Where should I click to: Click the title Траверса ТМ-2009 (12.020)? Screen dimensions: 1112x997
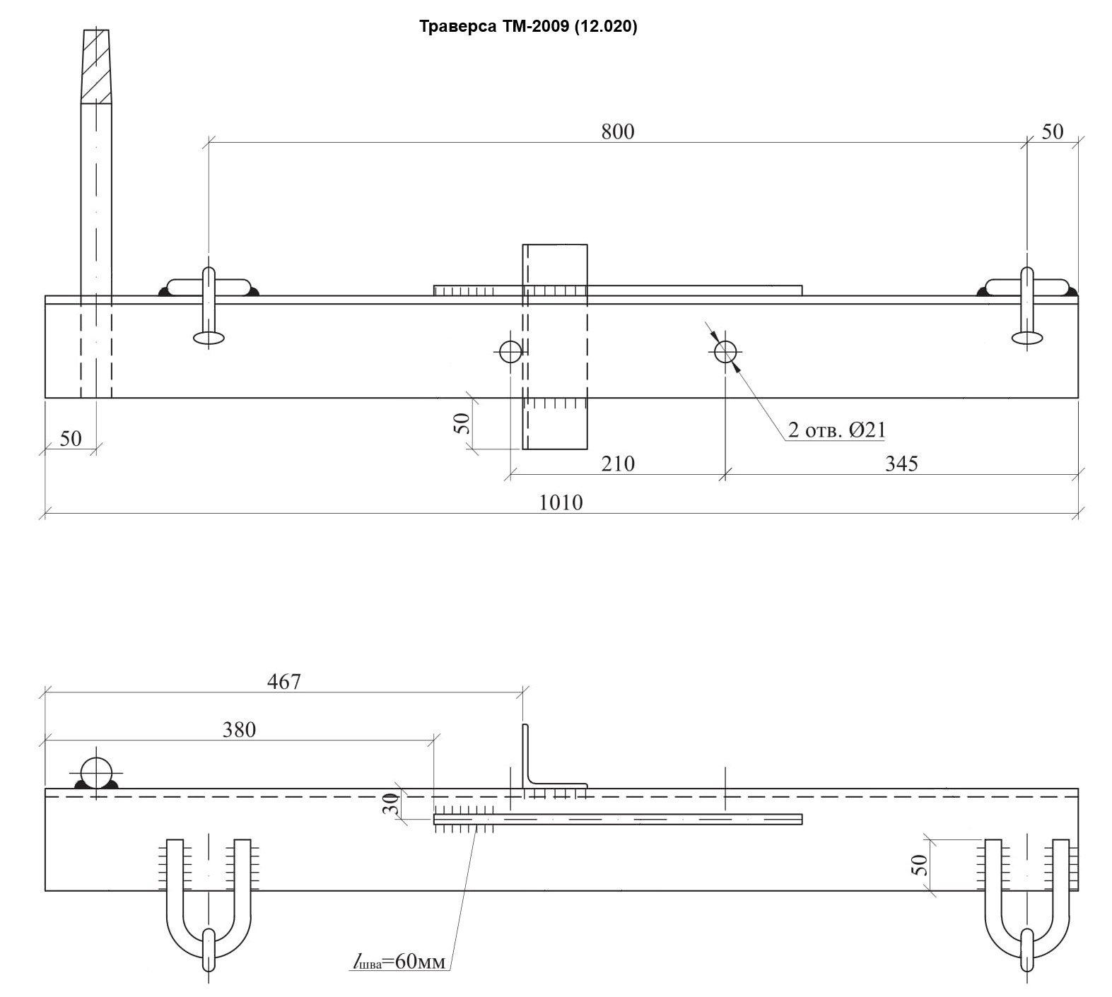pyautogui.click(x=528, y=27)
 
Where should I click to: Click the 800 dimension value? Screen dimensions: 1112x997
pyautogui.click(x=618, y=131)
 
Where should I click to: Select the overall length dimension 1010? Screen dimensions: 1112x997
pyautogui.click(x=561, y=502)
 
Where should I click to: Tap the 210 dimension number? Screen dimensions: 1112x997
pyautogui.click(x=618, y=464)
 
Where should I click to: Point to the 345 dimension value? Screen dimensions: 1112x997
pyautogui.click(x=901, y=464)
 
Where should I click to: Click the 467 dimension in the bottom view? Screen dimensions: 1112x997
pyautogui.click(x=284, y=682)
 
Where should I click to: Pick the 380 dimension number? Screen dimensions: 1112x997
pyautogui.click(x=239, y=730)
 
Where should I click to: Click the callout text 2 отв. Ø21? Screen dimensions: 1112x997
pyautogui.click(x=837, y=430)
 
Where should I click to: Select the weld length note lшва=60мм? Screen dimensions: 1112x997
pyautogui.click(x=401, y=962)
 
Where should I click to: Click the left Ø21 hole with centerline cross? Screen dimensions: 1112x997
pyautogui.click(x=510, y=351)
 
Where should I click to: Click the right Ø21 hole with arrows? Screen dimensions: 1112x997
pyautogui.click(x=725, y=351)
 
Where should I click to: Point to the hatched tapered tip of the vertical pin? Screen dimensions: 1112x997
pyautogui.click(x=96, y=66)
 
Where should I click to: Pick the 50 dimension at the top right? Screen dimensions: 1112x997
pyautogui.click(x=1053, y=131)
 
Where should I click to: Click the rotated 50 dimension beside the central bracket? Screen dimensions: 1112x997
pyautogui.click(x=461, y=423)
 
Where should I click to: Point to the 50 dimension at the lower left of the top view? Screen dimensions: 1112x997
pyautogui.click(x=71, y=439)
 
